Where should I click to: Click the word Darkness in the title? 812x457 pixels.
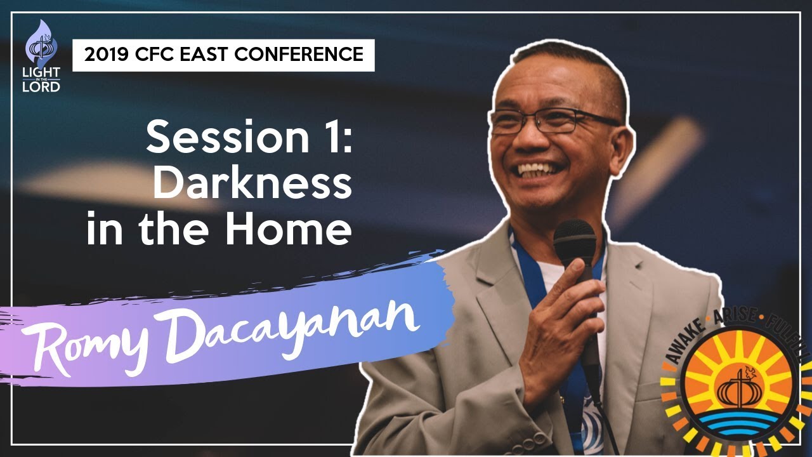coord(252,183)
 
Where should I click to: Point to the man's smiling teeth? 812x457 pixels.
coord(539,171)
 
